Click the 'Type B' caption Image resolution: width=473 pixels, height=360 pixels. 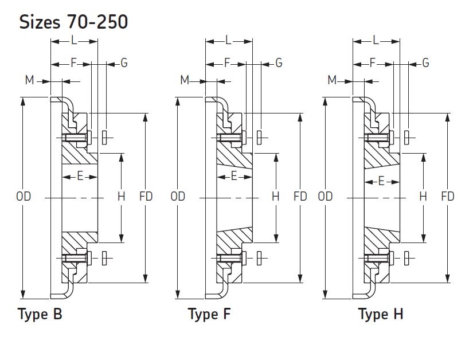(40, 315)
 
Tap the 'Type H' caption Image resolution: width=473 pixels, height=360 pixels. (381, 315)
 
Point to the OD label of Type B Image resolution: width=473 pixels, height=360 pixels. (24, 197)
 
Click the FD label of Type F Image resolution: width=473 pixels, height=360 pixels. (300, 197)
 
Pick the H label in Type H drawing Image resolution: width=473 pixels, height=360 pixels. (423, 197)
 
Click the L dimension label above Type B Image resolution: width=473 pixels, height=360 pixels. (74, 40)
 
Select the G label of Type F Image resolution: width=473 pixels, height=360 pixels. (279, 63)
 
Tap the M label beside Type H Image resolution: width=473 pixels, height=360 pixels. (332, 80)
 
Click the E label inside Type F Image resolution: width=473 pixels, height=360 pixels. (234, 176)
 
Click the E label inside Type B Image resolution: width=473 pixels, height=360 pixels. (80, 176)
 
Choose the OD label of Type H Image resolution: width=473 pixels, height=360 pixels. (325, 197)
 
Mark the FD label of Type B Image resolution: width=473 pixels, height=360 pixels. (146, 197)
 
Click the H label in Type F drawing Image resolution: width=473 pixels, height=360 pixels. (275, 197)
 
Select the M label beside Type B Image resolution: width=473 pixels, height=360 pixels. (29, 80)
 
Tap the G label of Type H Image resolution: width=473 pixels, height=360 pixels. (425, 63)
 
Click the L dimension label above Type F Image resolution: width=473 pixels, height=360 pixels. (228, 40)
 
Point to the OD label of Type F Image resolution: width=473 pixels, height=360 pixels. (178, 197)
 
